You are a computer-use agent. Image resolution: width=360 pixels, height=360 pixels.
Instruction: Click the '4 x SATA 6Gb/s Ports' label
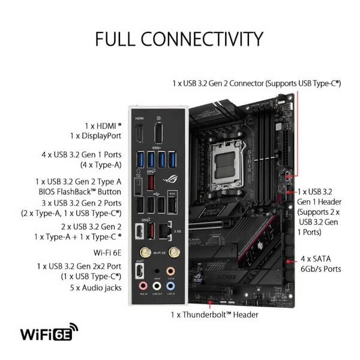[320, 264]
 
